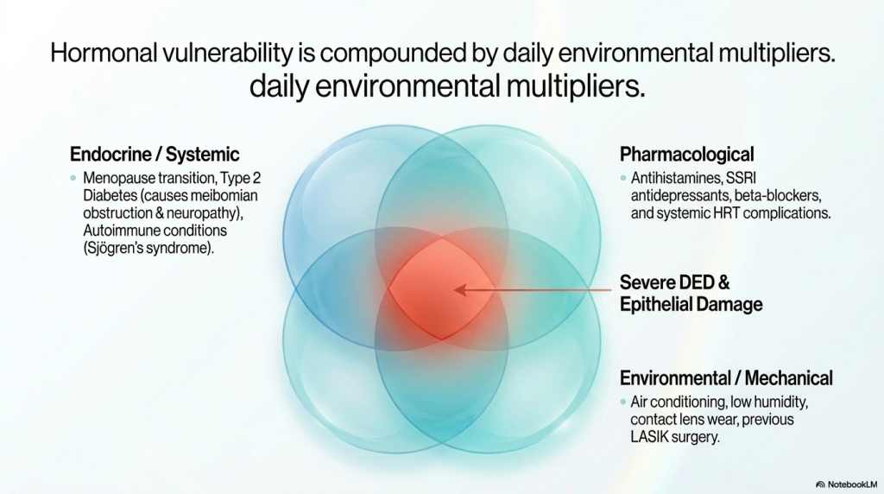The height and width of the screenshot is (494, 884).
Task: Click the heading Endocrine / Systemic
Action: [x=155, y=154]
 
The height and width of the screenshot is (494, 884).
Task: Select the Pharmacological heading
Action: [x=686, y=154]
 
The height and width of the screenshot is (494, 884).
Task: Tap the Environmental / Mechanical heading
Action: [x=726, y=377]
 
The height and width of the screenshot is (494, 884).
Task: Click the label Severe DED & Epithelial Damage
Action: [x=691, y=294]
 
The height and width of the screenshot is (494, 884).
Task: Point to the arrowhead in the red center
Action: [x=460, y=290]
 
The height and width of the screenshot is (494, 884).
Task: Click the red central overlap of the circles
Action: [x=441, y=289]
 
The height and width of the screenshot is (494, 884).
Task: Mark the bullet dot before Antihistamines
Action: [x=623, y=178]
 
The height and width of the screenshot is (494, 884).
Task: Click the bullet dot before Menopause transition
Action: [x=73, y=178]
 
